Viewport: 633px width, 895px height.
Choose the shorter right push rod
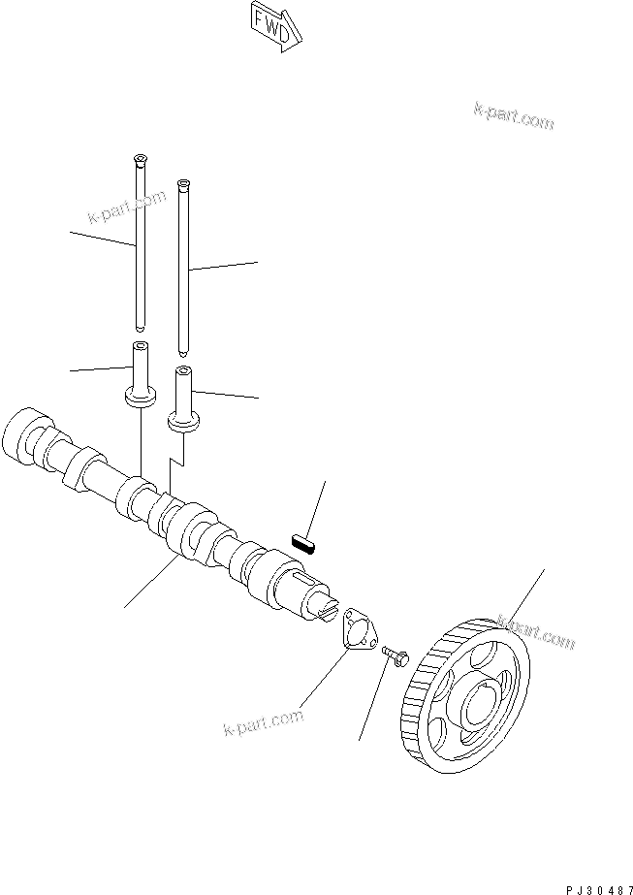(x=182, y=272)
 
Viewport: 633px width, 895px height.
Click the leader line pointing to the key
(x=317, y=504)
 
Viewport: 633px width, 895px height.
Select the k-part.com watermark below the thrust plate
(x=263, y=722)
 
